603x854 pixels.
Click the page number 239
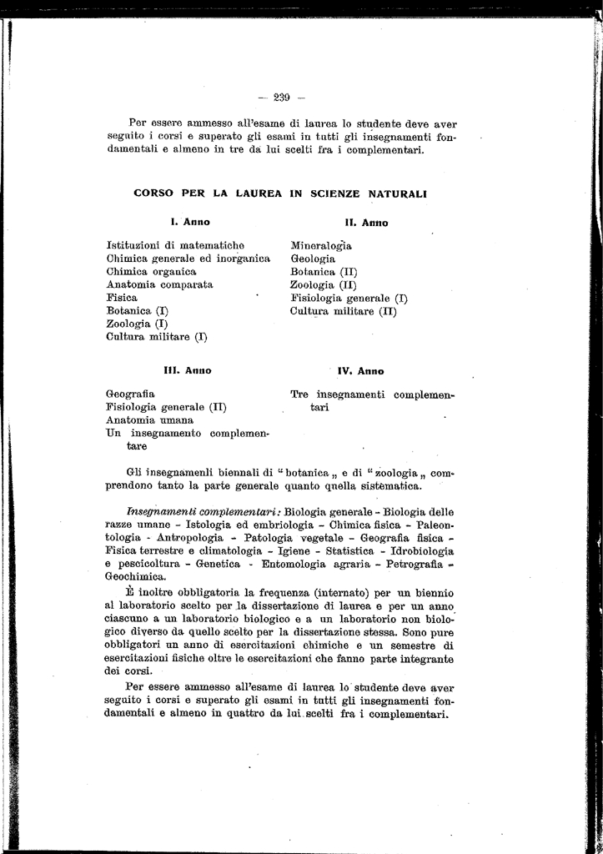click(281, 98)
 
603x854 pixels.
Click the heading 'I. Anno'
click(190, 222)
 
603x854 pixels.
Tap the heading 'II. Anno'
click(367, 223)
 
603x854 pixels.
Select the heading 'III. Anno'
click(188, 369)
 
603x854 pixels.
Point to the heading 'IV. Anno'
click(361, 370)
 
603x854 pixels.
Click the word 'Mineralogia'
click(321, 246)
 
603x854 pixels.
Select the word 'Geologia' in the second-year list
click(313, 259)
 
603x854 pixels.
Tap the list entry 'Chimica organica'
click(151, 272)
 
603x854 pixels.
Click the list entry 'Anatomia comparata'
click(159, 284)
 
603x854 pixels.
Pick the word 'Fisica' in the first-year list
click(122, 298)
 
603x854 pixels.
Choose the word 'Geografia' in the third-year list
click(130, 394)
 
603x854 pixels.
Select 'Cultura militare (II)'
click(344, 311)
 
